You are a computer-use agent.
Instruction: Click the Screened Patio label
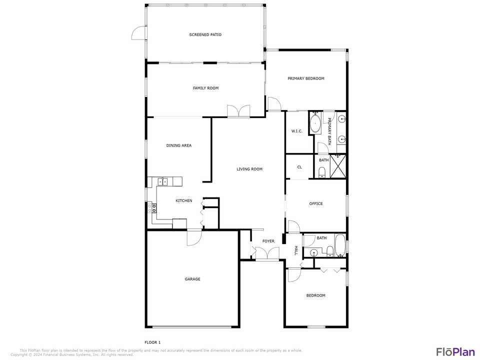(205, 35)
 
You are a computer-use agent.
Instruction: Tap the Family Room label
(205, 88)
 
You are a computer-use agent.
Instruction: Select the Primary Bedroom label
(305, 78)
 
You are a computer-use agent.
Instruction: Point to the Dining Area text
(179, 145)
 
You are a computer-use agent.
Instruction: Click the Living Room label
(249, 169)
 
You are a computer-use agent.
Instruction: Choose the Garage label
(192, 279)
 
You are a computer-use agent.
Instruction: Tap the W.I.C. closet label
(297, 131)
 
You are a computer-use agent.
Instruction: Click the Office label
(315, 203)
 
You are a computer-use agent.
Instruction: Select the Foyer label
(268, 241)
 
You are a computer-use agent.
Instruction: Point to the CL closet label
(299, 167)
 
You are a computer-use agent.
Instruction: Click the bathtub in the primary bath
(315, 123)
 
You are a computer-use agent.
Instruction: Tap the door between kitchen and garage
(194, 237)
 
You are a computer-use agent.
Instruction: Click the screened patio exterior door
(138, 33)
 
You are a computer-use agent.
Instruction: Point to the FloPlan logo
(455, 351)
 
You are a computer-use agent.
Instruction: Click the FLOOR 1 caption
(152, 342)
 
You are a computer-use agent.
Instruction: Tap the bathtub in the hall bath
(340, 245)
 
